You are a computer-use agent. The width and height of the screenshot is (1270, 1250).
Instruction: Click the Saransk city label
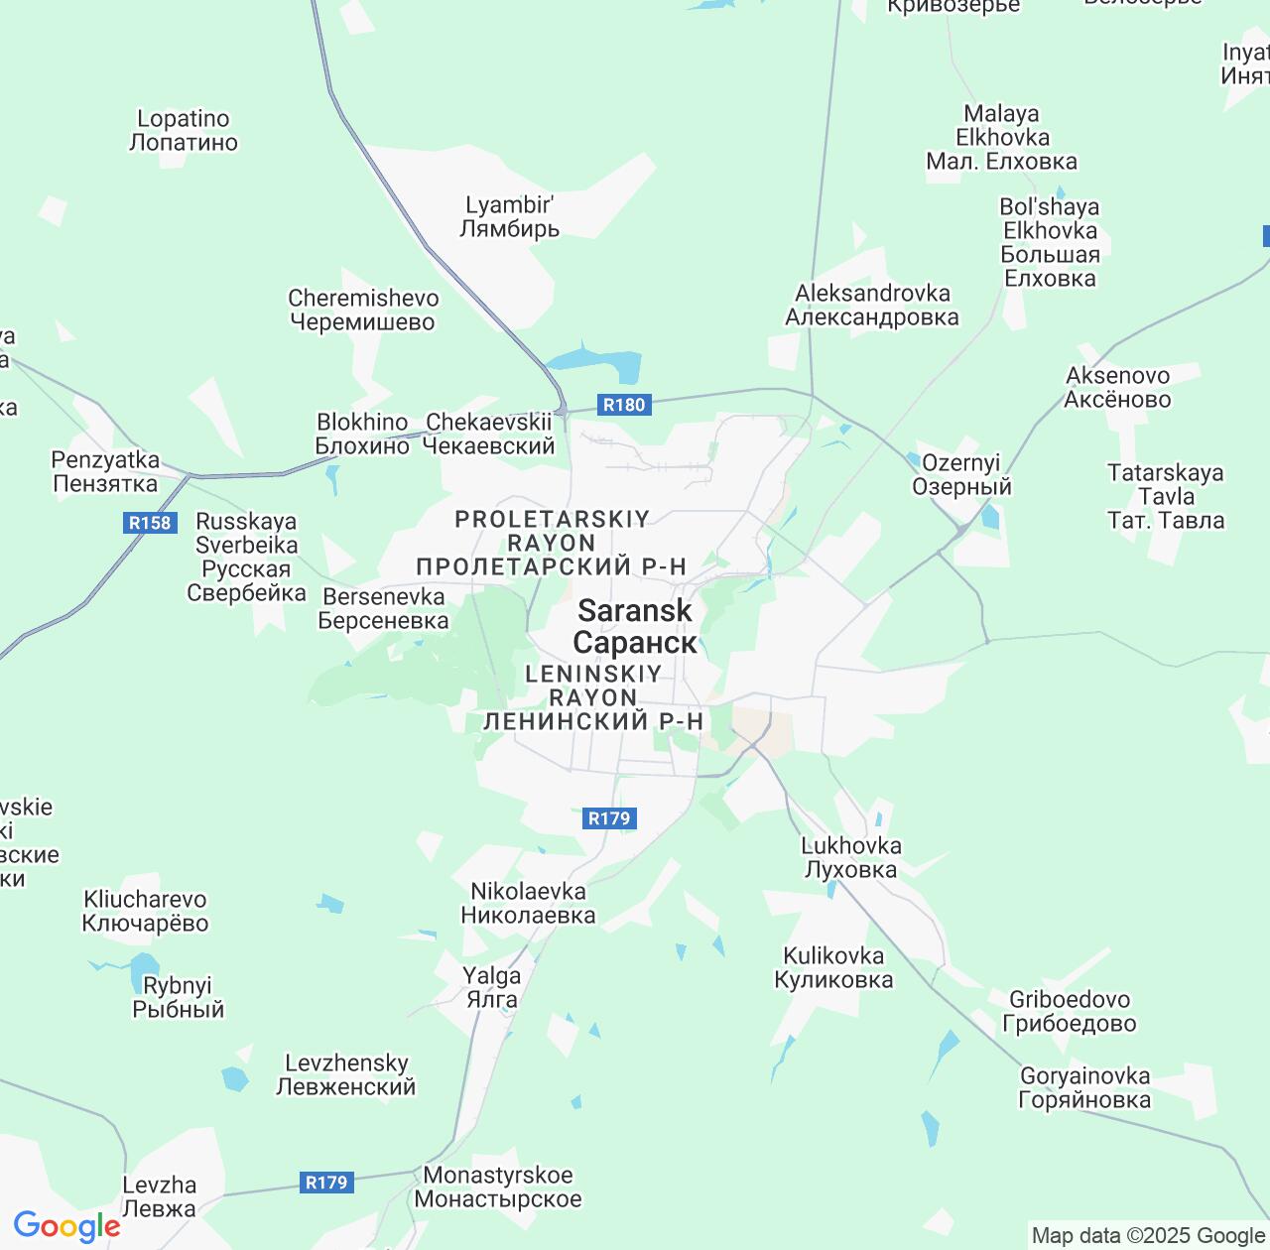coord(635,627)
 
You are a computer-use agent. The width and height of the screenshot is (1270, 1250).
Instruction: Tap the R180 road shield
coord(624,405)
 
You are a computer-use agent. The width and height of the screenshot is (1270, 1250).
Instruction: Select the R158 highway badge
coord(150,523)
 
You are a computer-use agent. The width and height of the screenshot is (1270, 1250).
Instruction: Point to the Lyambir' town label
coord(510,217)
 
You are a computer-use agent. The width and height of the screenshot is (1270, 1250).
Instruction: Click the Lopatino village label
coord(184,131)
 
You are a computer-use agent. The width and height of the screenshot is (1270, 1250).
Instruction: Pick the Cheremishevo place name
coord(363,310)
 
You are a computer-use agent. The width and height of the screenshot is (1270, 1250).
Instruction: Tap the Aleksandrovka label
coord(872,306)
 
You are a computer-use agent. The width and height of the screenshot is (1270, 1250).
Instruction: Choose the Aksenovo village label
coord(1117,388)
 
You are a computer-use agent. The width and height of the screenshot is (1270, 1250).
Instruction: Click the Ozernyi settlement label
coord(961,475)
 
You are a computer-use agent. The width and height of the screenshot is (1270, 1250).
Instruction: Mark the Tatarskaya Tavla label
coord(1166,496)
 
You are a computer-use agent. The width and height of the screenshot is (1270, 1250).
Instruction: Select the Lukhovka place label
coord(851,858)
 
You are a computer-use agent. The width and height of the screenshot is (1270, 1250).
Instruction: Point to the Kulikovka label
coord(833,968)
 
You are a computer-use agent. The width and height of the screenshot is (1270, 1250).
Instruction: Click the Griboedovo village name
coord(1070,1012)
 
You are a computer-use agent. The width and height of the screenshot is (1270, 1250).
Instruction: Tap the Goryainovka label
coord(1084,1088)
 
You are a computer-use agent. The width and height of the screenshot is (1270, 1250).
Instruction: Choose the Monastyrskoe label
coord(498,1187)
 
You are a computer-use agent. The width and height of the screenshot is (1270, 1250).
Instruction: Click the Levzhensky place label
coord(346,1075)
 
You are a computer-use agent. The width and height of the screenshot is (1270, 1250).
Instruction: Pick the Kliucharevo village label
coord(145,912)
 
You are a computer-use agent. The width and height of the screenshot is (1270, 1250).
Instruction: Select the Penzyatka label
coord(105,472)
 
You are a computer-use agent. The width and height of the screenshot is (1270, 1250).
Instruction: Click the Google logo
coord(66,1226)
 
